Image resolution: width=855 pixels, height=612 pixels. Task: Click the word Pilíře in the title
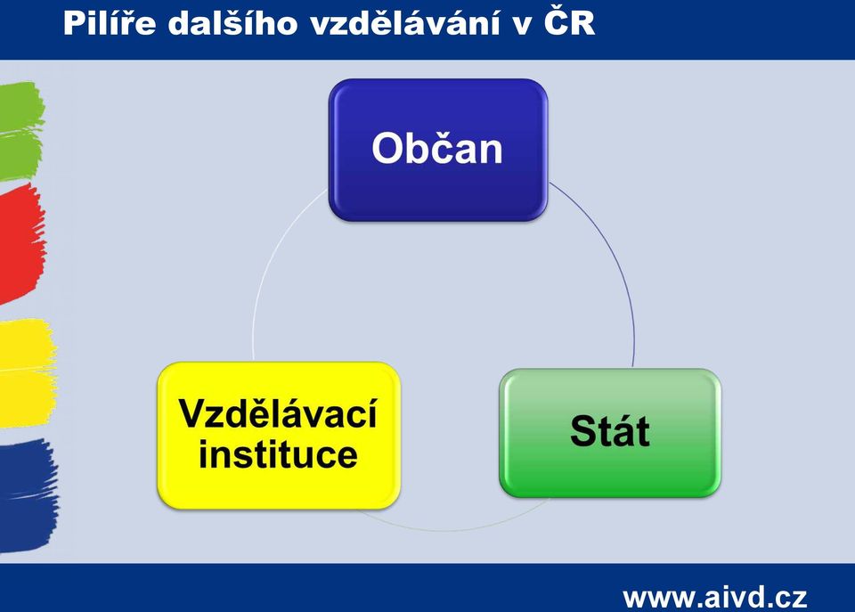pos(110,23)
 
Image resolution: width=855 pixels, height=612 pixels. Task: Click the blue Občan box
pos(438,150)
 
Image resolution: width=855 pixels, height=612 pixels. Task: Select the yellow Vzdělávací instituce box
pos(279,436)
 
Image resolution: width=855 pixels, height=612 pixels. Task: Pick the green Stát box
pos(610,433)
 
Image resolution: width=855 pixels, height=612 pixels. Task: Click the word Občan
pos(436,148)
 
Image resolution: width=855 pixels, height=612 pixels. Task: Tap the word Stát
pos(610,431)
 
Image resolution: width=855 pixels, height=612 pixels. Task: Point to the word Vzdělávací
pos(278,413)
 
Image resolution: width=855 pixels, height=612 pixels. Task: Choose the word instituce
pos(278,454)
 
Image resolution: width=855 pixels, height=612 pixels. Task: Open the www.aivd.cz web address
pos(715,597)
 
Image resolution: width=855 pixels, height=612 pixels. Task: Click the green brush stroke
pos(20,131)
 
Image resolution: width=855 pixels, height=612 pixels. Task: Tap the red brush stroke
pos(21,242)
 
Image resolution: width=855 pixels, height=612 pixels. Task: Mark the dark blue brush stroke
pos(28,495)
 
